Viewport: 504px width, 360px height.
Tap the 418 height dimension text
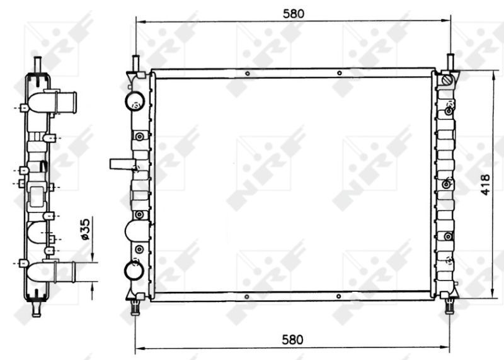pyautogui.click(x=486, y=183)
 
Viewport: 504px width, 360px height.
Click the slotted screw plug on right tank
pyautogui.click(x=448, y=81)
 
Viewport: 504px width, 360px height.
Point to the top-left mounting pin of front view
pyautogui.click(x=135, y=63)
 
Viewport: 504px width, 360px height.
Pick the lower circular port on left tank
pyautogui.click(x=135, y=270)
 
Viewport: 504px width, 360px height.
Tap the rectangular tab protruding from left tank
pyautogui.click(x=121, y=165)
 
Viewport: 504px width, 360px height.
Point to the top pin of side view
pyautogui.click(x=37, y=64)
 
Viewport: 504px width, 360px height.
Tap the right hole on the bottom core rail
pyautogui.click(x=338, y=296)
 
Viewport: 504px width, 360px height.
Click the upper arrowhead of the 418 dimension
pyautogui.click(x=492, y=73)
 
